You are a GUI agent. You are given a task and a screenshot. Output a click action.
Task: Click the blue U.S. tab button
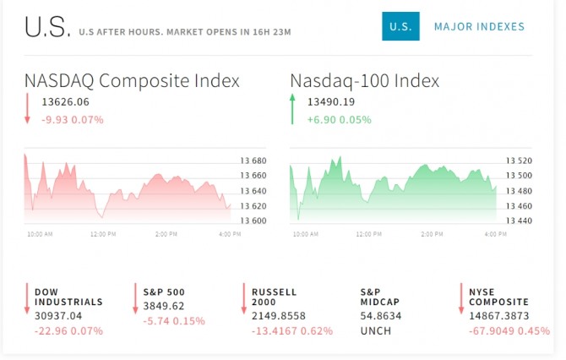coord(400,27)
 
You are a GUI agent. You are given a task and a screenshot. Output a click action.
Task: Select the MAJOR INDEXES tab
coord(479,27)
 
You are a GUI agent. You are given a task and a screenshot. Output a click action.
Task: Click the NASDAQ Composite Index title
coord(132,81)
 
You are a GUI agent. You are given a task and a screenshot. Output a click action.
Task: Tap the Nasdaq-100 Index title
coord(365,81)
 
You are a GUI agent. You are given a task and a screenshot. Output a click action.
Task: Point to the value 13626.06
coord(65,102)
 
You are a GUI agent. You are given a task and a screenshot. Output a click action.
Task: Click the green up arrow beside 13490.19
coord(292,110)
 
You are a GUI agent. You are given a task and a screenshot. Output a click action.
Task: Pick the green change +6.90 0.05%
coord(340,119)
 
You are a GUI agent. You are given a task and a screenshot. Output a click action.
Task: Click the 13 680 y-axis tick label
coord(253,161)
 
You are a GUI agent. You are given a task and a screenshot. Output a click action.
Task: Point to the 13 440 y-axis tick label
coord(519,221)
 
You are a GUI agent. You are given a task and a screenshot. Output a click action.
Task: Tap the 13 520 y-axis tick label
coord(519,161)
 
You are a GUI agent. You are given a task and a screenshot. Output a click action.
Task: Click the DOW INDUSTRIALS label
coord(68,297)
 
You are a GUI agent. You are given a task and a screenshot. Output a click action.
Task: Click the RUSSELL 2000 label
coord(275,297)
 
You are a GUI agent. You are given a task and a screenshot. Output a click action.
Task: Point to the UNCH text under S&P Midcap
coord(376,330)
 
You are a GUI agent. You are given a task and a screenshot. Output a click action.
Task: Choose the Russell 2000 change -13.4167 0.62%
coord(292,330)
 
